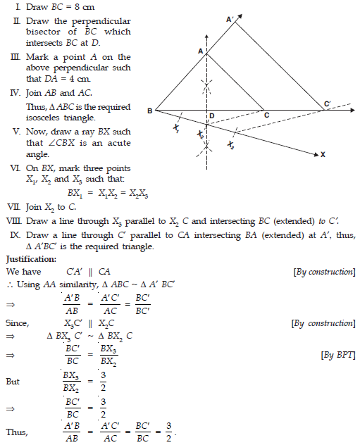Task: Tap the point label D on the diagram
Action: click(x=211, y=116)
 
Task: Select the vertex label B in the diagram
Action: click(x=149, y=111)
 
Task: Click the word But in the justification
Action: click(x=13, y=381)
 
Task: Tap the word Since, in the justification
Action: click(x=18, y=323)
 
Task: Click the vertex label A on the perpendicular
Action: click(x=201, y=51)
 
